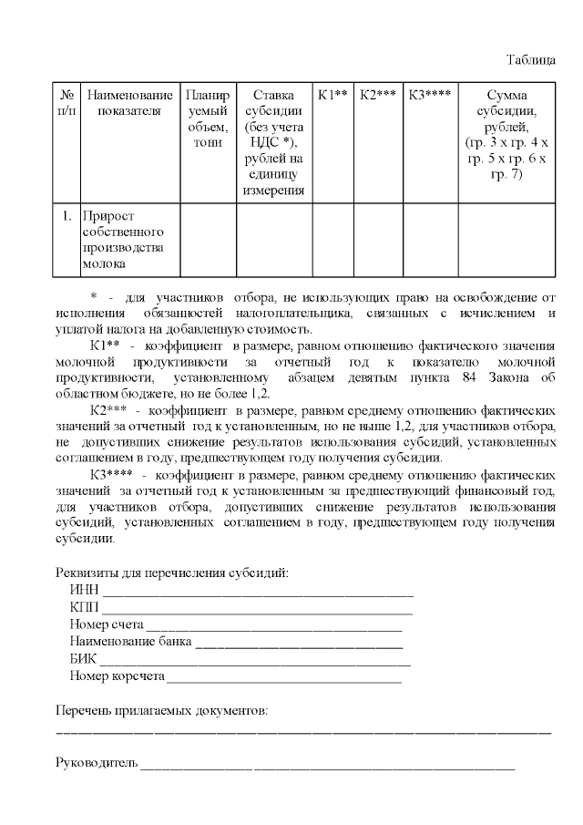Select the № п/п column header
66,103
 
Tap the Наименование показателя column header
128,103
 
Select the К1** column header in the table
332,95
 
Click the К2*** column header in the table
377,95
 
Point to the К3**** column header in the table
429,95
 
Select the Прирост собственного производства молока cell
128,240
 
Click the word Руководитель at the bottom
96,762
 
